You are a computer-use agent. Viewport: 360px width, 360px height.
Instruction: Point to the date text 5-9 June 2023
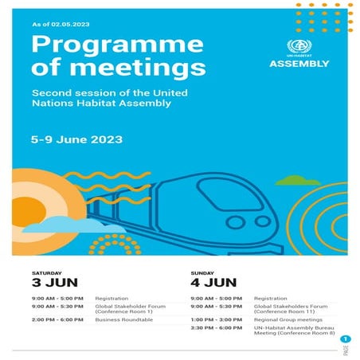76,139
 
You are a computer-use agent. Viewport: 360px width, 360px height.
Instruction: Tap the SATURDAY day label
45,272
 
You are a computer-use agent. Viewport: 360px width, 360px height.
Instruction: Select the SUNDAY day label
202,272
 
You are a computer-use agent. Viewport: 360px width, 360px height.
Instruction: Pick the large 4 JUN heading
213,282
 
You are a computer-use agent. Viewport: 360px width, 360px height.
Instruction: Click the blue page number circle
346,339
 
